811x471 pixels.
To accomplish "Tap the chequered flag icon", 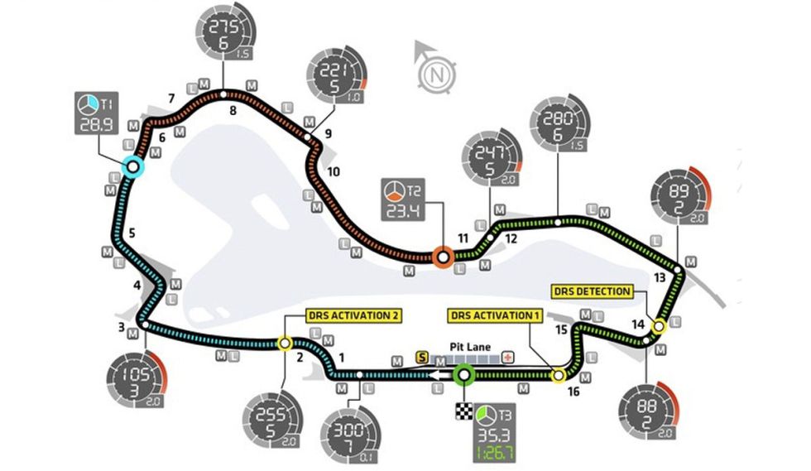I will click(x=463, y=411).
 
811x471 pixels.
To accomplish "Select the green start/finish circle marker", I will click(x=463, y=376).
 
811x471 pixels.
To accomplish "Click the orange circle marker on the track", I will click(x=443, y=257).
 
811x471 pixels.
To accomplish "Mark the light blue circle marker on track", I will click(x=132, y=167).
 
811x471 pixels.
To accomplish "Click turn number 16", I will click(x=573, y=392).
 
